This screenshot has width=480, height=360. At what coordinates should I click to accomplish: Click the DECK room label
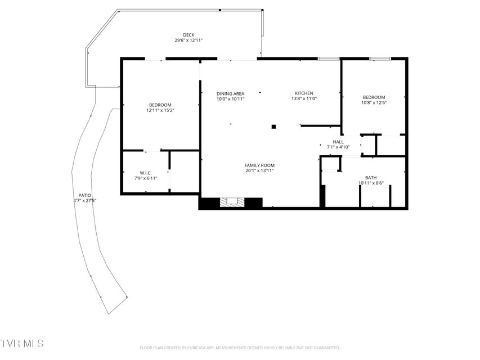(189, 35)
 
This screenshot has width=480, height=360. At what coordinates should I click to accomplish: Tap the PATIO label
(85, 195)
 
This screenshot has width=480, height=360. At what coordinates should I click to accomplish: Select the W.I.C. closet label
(146, 173)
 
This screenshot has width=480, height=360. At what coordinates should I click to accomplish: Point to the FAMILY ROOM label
(259, 165)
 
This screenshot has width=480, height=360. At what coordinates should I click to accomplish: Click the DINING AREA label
(231, 94)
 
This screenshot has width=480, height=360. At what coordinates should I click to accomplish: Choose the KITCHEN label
(304, 93)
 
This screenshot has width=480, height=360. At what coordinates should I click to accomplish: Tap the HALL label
(338, 142)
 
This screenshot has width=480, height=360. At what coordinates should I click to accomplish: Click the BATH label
(371, 178)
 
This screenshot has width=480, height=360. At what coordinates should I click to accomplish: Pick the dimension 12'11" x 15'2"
(160, 110)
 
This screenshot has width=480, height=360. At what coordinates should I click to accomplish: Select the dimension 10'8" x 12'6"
(374, 102)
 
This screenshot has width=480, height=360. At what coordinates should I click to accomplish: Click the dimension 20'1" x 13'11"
(259, 170)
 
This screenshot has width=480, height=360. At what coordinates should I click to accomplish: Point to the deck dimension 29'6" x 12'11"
(189, 40)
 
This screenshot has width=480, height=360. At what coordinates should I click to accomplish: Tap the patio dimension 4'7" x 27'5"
(85, 200)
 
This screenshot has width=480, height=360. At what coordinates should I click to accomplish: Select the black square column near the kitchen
(273, 127)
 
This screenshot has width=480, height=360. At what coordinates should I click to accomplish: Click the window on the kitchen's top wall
(329, 58)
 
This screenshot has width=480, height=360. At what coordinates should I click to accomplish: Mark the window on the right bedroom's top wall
(380, 58)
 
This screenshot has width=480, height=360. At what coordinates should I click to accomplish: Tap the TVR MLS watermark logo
(22, 343)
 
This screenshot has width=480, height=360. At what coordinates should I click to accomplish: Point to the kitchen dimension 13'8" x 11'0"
(304, 98)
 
